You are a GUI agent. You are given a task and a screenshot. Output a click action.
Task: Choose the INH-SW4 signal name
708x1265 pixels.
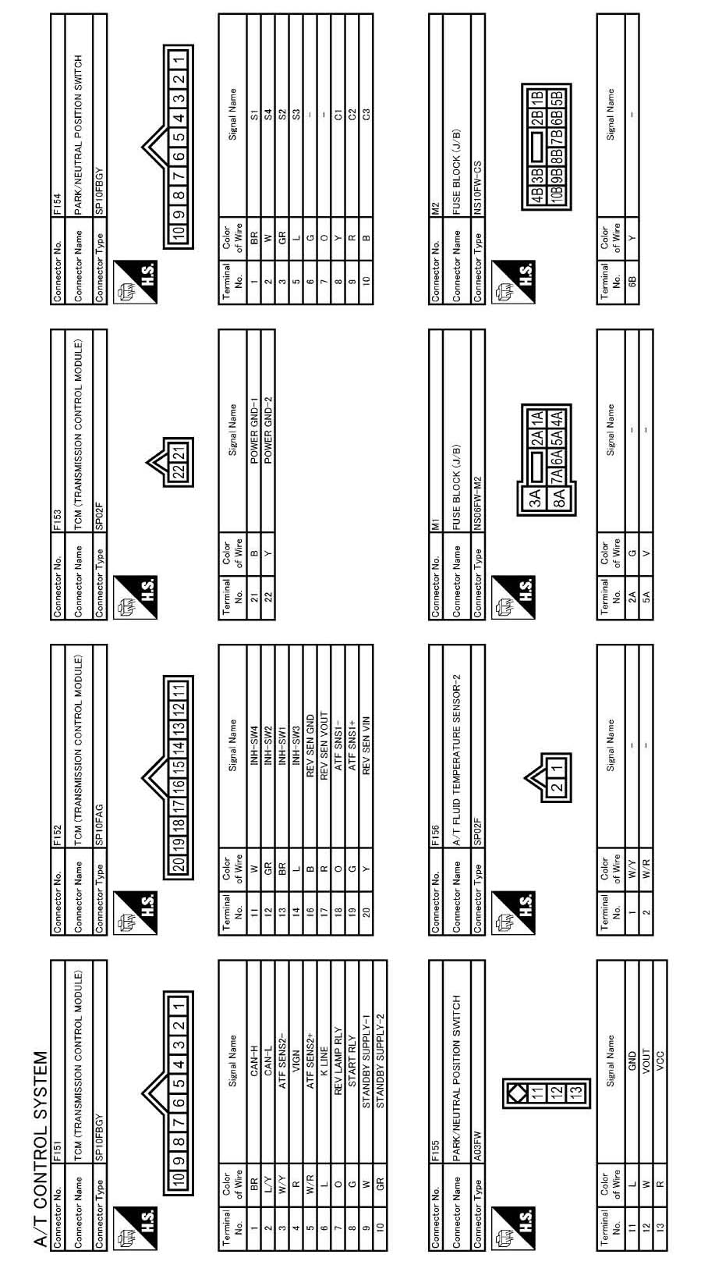tap(253, 734)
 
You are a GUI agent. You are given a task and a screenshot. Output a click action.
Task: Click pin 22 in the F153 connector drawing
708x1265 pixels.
tap(179, 473)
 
